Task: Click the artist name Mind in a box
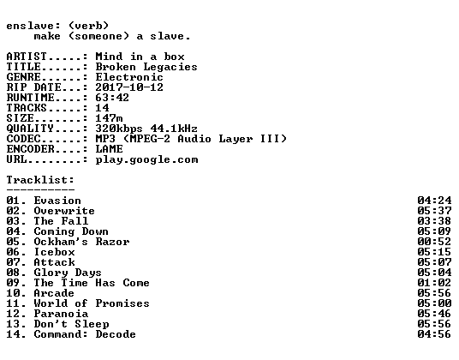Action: coord(140,57)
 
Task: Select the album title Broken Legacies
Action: coord(146,67)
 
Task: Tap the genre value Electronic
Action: coord(129,77)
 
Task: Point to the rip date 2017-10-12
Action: coord(129,87)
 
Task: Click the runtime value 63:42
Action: coord(112,98)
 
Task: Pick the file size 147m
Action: coord(109,118)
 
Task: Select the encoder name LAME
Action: coord(109,149)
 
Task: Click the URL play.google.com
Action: coord(146,159)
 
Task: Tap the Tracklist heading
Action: coord(40,180)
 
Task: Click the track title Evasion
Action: coord(57,201)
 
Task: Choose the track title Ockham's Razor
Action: coord(81,242)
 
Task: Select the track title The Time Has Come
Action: coord(92,283)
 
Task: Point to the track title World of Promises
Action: coord(92,303)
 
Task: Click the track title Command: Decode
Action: coord(85,334)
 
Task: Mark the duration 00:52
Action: coord(434,242)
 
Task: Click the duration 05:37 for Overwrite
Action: coord(434,211)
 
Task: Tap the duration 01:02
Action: coord(434,283)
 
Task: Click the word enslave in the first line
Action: coord(30,26)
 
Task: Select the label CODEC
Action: coord(23,139)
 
